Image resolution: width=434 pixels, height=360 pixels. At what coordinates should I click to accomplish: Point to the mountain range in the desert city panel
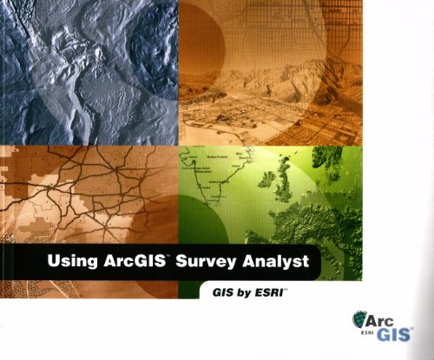tap(278, 82)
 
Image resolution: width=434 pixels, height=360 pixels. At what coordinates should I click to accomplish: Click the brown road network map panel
tap(87, 191)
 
